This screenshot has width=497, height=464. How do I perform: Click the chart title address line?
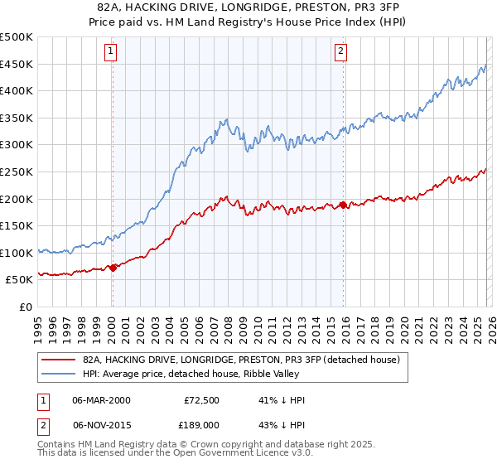pos(248,7)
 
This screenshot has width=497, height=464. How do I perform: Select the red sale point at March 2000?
pos(113,268)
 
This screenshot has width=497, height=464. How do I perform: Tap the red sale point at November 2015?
pos(342,205)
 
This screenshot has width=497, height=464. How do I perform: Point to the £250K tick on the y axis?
pos(17,172)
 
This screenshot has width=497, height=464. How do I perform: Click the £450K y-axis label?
pos(17,64)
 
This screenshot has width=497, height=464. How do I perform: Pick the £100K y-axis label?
pos(17,253)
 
